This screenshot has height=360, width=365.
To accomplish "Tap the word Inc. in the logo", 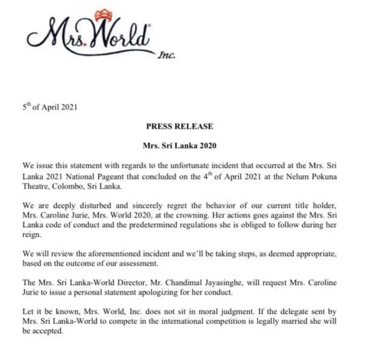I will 166,55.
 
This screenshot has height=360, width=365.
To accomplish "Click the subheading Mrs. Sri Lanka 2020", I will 182,145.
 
